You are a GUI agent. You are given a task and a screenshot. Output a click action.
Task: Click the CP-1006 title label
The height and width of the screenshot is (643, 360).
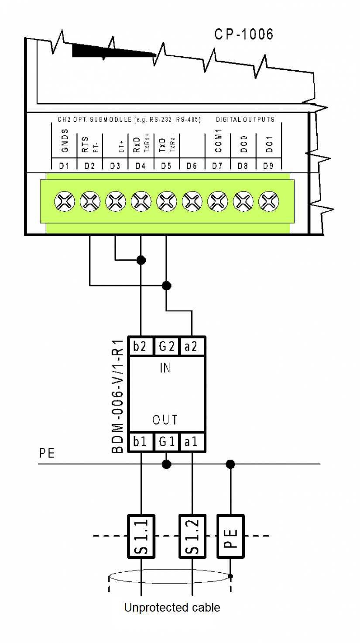[244, 34]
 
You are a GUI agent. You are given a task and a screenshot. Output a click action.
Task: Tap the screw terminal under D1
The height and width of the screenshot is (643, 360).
[64, 202]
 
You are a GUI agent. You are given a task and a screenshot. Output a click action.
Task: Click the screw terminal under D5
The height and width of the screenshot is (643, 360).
[166, 202]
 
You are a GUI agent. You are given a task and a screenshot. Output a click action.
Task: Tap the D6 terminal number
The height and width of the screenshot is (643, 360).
[192, 166]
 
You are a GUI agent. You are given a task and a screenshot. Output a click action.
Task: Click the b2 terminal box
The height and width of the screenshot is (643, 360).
[141, 347]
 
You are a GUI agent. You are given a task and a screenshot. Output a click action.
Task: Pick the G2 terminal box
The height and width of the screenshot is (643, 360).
[166, 347]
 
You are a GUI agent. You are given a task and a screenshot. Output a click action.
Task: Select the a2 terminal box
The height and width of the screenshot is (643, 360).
[192, 347]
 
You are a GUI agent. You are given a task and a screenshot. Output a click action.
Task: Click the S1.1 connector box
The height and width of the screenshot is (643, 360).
[141, 536]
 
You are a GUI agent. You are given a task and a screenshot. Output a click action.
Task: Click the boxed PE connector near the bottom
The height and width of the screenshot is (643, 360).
[230, 536]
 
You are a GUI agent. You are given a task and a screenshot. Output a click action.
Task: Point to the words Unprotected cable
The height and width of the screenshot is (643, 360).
[172, 608]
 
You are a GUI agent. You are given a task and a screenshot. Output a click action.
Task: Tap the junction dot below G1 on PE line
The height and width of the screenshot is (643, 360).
[166, 464]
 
